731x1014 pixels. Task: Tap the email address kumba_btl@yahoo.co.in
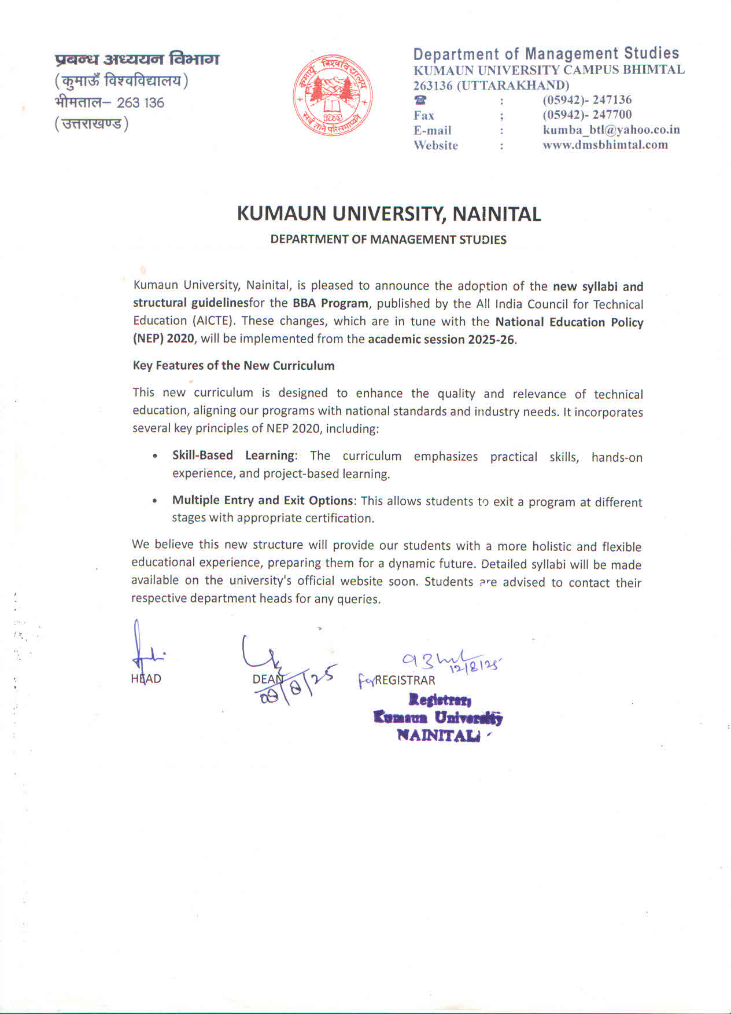tap(611, 130)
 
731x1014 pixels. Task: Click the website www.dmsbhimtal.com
tap(605, 145)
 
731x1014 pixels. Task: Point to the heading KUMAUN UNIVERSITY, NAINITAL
tap(389, 214)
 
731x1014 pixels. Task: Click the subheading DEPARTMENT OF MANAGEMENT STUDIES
tap(388, 240)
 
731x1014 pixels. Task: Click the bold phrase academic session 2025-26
tap(441, 339)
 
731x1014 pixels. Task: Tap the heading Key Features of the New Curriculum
tap(234, 366)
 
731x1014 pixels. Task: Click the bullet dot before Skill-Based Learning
tap(155, 456)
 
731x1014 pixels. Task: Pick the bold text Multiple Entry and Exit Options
tap(263, 501)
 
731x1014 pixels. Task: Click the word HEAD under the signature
tap(146, 679)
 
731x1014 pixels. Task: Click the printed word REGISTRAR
tap(405, 681)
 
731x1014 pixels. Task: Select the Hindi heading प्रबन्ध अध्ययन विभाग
tap(137, 59)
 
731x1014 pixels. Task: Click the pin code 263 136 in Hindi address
tap(141, 103)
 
